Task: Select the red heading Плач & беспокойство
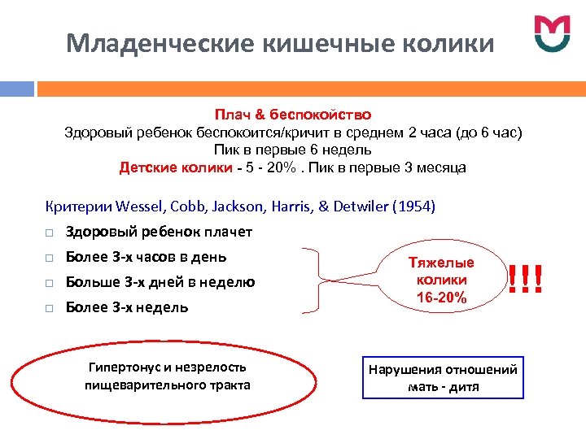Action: point(293,115)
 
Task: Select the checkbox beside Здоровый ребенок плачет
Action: point(50,233)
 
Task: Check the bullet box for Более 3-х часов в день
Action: point(50,258)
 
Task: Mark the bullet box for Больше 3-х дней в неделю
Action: point(50,283)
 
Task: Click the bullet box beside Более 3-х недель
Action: point(50,308)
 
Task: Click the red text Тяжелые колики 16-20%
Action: point(441,280)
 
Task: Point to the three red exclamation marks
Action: point(525,280)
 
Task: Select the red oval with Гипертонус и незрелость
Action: point(167,376)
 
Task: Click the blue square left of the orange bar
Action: point(16,87)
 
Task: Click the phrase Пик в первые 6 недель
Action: point(293,150)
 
